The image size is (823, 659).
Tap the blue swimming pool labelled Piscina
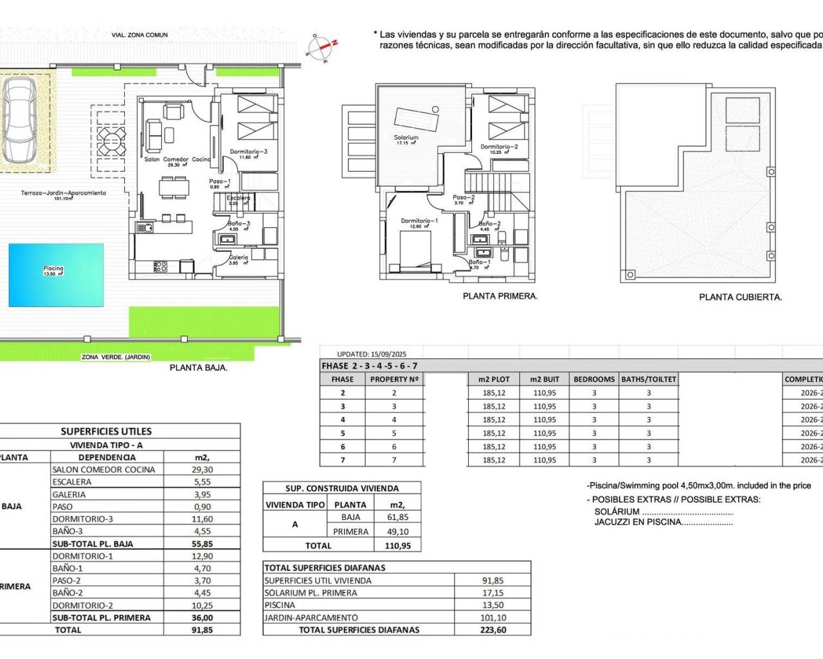pyautogui.click(x=56, y=275)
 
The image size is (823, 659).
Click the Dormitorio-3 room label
pyautogui.click(x=248, y=153)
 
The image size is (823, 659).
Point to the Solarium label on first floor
pyautogui.click(x=406, y=138)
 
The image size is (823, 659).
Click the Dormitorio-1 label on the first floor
pyautogui.click(x=419, y=221)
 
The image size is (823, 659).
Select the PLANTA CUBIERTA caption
pyautogui.click(x=740, y=297)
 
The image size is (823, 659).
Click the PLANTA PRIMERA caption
pyautogui.click(x=500, y=296)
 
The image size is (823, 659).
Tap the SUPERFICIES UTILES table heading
pyautogui.click(x=106, y=431)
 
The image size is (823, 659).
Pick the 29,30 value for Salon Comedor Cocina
pyautogui.click(x=203, y=470)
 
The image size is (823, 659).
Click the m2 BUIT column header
pyautogui.click(x=545, y=379)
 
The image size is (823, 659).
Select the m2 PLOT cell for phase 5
pyautogui.click(x=494, y=433)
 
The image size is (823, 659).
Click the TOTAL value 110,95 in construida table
pyautogui.click(x=397, y=546)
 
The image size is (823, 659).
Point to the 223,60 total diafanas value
pyautogui.click(x=493, y=630)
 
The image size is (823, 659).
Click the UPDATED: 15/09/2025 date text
pyautogui.click(x=372, y=354)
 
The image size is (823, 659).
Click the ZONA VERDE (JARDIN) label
pyautogui.click(x=116, y=357)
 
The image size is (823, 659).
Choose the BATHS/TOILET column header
pyautogui.click(x=648, y=379)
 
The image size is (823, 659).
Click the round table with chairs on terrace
pyautogui.click(x=111, y=137)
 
